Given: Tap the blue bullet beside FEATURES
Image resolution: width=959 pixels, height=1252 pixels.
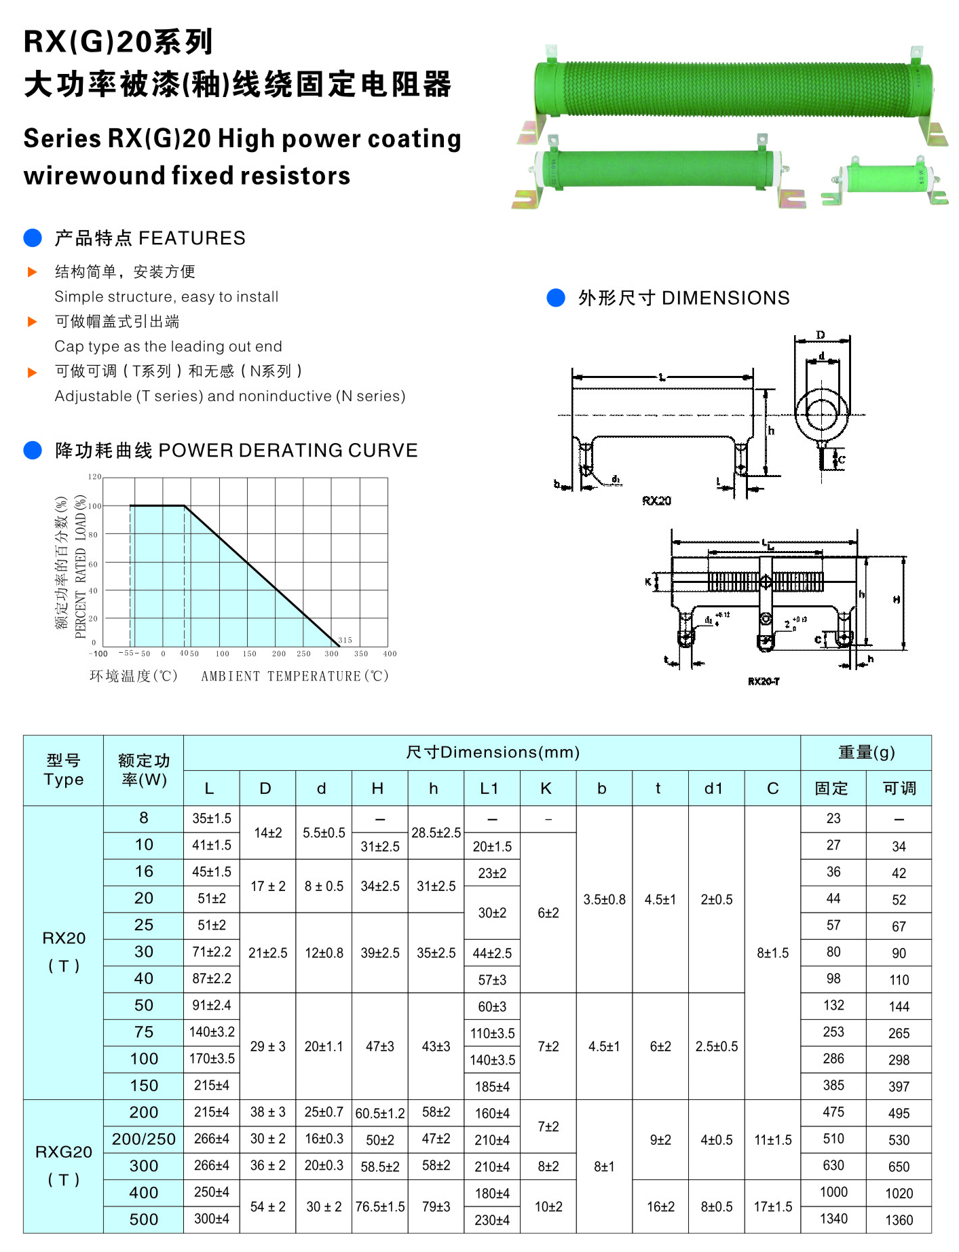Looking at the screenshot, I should click(33, 238).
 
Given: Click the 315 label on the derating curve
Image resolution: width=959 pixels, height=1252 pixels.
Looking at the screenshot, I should click(345, 640).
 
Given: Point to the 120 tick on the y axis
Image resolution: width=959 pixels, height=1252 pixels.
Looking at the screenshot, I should click(94, 477).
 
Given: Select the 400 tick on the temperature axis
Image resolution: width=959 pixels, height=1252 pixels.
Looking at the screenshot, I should click(390, 653).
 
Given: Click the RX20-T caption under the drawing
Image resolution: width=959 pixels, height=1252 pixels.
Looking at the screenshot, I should click(764, 681).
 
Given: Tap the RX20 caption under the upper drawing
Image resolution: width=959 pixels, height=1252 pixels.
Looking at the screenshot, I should click(656, 501).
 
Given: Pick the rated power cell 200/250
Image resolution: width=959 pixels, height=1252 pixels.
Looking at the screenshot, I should click(143, 1139).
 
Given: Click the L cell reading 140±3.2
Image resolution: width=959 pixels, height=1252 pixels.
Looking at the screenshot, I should click(212, 1032).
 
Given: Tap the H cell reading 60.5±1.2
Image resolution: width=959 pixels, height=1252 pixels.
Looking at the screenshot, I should click(379, 1114).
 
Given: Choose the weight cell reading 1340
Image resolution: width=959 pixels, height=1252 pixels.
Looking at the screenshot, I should click(833, 1219).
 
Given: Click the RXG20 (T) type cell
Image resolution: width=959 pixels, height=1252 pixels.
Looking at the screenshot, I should click(63, 1165).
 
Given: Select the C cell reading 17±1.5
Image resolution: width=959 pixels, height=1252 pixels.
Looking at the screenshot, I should click(772, 1207).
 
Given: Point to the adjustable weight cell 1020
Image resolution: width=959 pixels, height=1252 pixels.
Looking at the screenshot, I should click(899, 1194).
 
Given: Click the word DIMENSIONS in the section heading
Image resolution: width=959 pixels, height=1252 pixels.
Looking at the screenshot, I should click(726, 298).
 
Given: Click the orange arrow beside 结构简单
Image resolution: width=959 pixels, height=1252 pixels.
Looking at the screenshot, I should click(32, 272).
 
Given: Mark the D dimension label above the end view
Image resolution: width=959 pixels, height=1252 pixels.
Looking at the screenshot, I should click(821, 335).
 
